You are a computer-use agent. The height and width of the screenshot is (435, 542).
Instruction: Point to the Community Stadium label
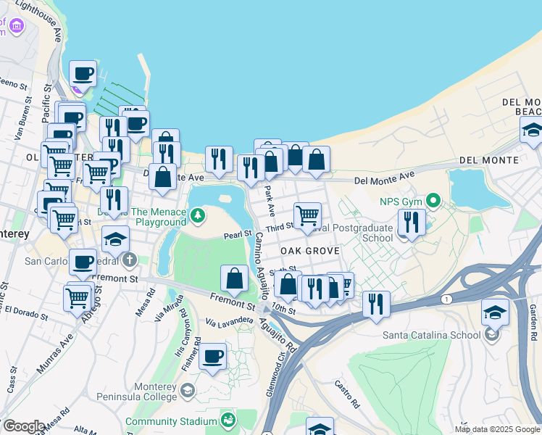[171, 421]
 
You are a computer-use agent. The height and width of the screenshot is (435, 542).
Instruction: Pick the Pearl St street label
[237, 235]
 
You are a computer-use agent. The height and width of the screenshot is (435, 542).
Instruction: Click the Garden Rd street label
[531, 316]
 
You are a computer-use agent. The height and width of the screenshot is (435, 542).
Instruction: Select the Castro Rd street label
[347, 393]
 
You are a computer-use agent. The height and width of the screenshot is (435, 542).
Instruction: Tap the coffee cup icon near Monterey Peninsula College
[213, 357]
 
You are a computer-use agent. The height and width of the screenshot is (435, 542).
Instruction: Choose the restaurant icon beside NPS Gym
[412, 222]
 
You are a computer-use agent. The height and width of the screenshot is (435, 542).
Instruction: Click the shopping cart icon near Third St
[307, 215]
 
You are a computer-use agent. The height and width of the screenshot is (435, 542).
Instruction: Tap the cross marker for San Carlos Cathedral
[129, 260]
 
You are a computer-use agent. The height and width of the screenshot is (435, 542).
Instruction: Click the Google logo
[24, 426]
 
